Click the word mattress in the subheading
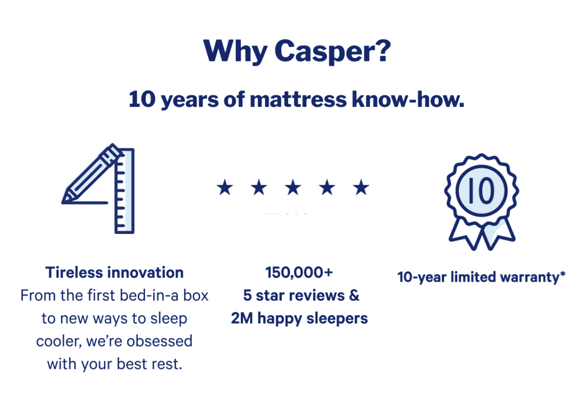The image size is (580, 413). [298, 99]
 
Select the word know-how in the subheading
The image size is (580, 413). [408, 99]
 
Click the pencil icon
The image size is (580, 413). [91, 173]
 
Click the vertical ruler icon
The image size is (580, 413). [125, 191]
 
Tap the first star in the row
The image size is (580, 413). [225, 187]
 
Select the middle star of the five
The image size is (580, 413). [293, 187]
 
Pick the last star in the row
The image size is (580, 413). [361, 187]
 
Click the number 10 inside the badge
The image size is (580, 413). [481, 191]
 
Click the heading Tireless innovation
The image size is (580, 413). [115, 273]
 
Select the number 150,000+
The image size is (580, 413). [299, 273]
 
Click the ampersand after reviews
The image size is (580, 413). [354, 295]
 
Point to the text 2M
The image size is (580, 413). [242, 318]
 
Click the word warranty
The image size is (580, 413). [530, 277]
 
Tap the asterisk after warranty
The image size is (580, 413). [563, 273]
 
